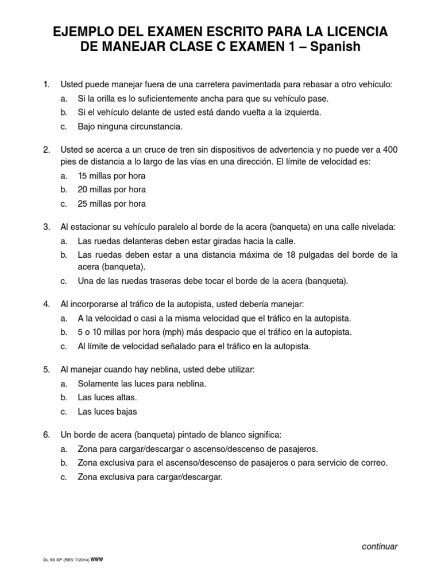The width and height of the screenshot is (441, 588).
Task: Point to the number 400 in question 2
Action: pyautogui.click(x=390, y=149)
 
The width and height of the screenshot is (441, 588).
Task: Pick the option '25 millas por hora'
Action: pyautogui.click(x=111, y=203)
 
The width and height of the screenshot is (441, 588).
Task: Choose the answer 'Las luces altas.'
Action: pyautogui.click(x=107, y=397)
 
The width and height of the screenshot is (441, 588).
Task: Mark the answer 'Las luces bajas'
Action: pyautogui.click(x=107, y=411)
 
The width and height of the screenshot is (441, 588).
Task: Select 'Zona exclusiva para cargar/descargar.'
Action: pyautogui.click(x=149, y=477)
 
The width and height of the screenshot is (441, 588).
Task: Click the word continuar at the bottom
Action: pyautogui.click(x=380, y=546)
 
